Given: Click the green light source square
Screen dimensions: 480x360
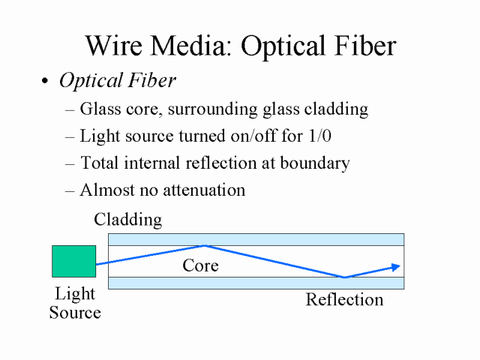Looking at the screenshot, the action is (73, 261).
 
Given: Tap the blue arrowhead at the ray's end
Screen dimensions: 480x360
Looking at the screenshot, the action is (396, 267).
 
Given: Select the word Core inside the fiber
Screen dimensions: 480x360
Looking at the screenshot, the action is (200, 265).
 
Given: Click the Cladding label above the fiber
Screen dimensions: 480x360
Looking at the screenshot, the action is (128, 220).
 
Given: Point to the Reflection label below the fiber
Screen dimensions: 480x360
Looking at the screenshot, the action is (344, 299).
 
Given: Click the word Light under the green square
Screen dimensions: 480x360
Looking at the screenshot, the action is (75, 294).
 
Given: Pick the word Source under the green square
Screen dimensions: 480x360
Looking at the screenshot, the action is (75, 313).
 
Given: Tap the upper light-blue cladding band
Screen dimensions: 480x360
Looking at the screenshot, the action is (256, 239).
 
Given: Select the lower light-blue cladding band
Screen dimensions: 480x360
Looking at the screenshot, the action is (256, 283).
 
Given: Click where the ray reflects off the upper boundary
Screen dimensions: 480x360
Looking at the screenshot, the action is (205, 245).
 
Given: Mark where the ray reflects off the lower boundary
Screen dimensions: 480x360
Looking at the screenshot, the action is (345, 277).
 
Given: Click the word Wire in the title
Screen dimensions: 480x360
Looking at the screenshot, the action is (114, 45).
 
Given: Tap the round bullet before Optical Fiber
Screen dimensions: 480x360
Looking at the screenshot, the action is (45, 81).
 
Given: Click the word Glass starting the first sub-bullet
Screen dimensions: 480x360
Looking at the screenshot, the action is (100, 109).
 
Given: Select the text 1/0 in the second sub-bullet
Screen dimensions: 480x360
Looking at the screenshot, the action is (320, 136).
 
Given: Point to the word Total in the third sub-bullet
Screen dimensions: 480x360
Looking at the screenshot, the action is (100, 163).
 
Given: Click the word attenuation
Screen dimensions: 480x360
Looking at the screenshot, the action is (204, 190).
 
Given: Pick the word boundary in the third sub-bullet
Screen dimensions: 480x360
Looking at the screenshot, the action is (315, 163).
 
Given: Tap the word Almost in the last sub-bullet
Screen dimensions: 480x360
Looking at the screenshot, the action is (107, 190).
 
